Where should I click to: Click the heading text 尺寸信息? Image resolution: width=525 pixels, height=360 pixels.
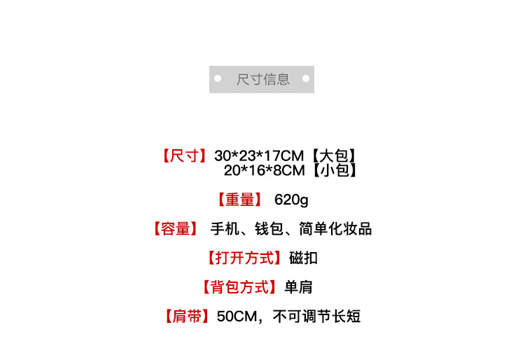(x=262, y=79)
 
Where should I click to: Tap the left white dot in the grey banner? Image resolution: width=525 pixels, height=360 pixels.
(x=218, y=79)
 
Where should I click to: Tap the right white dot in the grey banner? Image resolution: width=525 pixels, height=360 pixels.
(x=306, y=79)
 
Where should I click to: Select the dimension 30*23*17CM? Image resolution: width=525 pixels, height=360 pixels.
(x=259, y=155)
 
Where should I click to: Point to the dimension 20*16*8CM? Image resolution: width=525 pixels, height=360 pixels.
(x=265, y=170)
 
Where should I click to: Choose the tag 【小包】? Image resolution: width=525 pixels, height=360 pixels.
(x=335, y=170)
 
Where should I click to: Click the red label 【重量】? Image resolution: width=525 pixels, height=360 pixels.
(x=240, y=200)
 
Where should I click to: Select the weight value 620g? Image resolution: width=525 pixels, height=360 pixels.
(x=291, y=200)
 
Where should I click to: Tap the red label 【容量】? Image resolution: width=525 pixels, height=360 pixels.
(x=174, y=229)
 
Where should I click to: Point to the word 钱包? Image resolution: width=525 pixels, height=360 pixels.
(x=269, y=229)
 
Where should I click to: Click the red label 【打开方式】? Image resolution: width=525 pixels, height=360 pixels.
(x=245, y=258)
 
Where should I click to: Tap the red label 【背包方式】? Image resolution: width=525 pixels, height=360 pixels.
(x=239, y=287)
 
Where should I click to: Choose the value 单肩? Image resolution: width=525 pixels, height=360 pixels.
(x=298, y=287)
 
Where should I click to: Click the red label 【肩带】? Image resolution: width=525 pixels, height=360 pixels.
(x=186, y=317)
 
